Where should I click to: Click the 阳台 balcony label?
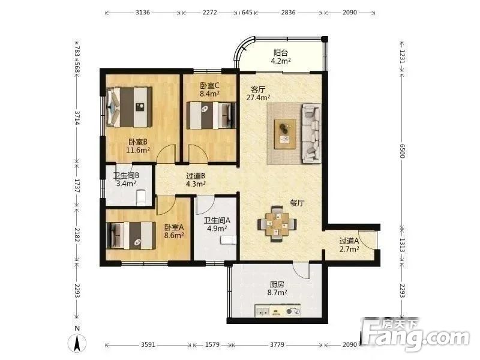pos(280,53)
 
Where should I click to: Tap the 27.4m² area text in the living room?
pos(259,98)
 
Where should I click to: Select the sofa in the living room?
pos(311,133)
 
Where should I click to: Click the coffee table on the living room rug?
pos(285,134)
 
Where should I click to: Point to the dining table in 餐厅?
pos(277,224)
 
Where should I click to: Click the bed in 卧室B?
pos(129,107)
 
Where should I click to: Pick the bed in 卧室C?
pos(211,115)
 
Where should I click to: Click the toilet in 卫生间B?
pos(141,197)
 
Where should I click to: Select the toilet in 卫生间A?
pos(228,240)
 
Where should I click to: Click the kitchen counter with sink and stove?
pos(278,311)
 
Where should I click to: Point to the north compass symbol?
pos(77,342)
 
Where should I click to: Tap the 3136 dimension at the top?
pos(143,13)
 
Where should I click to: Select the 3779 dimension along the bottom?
pos(277,344)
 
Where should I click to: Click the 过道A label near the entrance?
pos(349,241)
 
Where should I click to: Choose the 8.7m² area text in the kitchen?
pos(277,293)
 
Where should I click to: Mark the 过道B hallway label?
pos(196,176)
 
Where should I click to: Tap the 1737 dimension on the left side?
pos(77,185)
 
